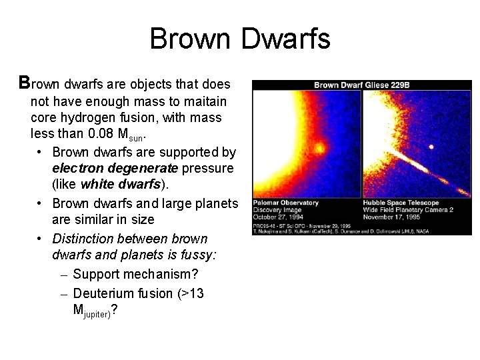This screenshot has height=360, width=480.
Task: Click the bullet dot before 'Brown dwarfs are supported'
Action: pyautogui.click(x=41, y=151)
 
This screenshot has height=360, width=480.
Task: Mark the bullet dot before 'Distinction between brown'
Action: pyautogui.click(x=41, y=239)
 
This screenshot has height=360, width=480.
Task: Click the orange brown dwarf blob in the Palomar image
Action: pyautogui.click(x=319, y=148)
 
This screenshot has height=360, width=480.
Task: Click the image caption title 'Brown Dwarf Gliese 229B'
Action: pyautogui.click(x=361, y=85)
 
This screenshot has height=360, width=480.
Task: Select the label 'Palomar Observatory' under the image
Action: pyautogui.click(x=282, y=203)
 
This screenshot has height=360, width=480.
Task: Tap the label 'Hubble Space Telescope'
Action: pyautogui.click(x=401, y=203)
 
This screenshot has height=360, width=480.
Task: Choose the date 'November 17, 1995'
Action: pyautogui.click(x=391, y=216)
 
